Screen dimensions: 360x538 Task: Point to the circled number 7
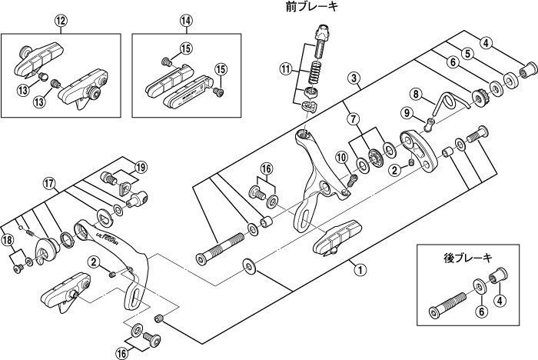click(x=353, y=119)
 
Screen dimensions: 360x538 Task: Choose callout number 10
click(x=340, y=158)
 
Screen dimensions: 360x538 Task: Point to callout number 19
click(x=140, y=167)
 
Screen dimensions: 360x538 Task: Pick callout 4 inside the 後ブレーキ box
click(x=500, y=300)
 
